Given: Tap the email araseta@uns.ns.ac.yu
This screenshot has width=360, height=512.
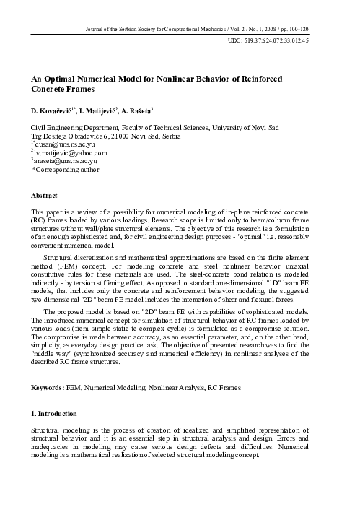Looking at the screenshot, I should point(66,162).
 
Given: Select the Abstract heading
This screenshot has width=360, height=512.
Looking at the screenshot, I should point(45,196).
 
